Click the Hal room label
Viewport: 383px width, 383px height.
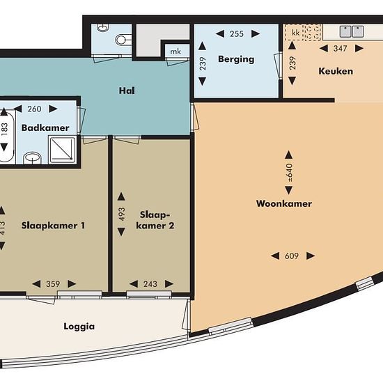point(127,91)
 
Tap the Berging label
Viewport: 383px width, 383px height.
point(236,59)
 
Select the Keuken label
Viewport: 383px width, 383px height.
point(336,71)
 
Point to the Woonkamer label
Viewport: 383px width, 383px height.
point(284,203)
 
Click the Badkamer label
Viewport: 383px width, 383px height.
point(45,127)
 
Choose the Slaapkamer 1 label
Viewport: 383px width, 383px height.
point(53,225)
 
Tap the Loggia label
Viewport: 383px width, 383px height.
point(79,327)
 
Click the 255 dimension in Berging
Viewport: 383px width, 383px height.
point(237,33)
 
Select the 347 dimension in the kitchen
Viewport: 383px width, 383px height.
point(340,48)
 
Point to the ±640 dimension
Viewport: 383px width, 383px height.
point(289,173)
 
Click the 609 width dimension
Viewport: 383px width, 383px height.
point(292,256)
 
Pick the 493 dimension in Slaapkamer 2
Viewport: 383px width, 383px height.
point(121,214)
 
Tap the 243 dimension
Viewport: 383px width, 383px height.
point(150,284)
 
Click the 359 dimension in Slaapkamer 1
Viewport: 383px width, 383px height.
point(53,284)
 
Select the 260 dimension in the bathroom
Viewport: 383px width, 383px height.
point(34,109)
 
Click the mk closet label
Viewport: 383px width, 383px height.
point(175,52)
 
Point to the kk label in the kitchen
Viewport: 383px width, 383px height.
point(295,33)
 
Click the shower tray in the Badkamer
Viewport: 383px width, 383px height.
point(63,150)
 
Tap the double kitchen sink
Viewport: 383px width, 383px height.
point(352,31)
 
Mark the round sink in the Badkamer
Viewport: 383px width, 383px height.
point(33,158)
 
